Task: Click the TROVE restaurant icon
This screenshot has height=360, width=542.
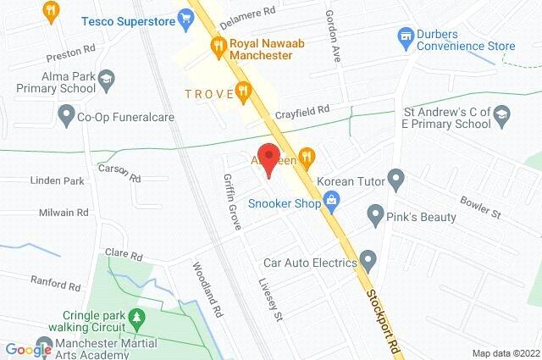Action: click(x=244, y=89)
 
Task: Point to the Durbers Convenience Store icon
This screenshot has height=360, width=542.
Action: click(x=405, y=36)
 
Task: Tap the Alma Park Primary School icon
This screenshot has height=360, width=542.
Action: click(x=106, y=80)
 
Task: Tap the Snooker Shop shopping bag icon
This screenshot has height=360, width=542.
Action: click(x=333, y=202)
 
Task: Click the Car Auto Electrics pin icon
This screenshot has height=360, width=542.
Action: click(x=367, y=258)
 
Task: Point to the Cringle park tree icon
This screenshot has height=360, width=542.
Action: click(x=134, y=318)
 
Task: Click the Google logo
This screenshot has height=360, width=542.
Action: click(x=28, y=349)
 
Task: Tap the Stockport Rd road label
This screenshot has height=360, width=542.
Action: click(x=384, y=310)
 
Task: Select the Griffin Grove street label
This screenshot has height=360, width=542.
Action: click(x=231, y=202)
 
